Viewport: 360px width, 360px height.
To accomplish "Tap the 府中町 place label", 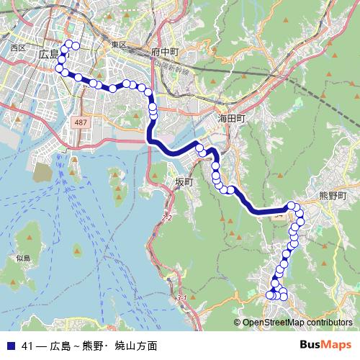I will [164, 53].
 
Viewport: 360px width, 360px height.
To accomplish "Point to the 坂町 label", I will [184, 182].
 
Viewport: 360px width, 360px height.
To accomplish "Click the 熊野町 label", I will [333, 195].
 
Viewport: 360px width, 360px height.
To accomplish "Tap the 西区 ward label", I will [18, 48].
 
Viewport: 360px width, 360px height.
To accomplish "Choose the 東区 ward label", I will [119, 45].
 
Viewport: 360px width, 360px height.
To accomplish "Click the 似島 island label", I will [23, 258].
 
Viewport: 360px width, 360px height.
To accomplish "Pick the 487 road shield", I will [81, 124].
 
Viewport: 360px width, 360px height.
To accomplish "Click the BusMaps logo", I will [328, 346].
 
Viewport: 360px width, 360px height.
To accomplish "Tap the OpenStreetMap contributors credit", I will [297, 323].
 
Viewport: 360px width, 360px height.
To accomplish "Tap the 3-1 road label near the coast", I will [181, 298].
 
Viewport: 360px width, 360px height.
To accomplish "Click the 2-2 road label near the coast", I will [168, 217].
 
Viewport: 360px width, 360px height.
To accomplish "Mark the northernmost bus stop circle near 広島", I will [75, 45].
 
